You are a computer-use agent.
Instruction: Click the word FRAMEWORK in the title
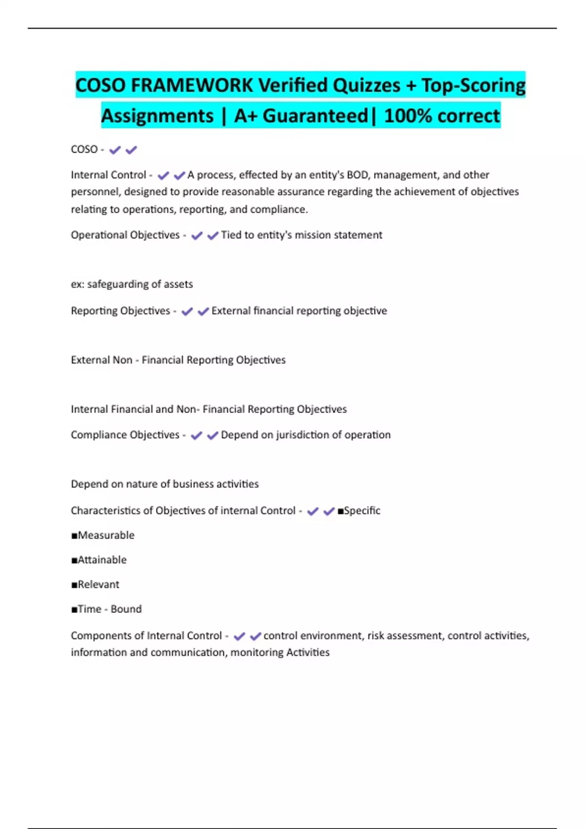[x=192, y=85]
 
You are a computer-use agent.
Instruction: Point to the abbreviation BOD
[x=357, y=175]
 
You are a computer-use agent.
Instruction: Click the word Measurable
[x=106, y=535]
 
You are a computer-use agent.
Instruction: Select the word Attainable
[x=102, y=560]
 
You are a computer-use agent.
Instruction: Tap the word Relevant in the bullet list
[x=98, y=584]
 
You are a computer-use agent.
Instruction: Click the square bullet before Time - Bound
[x=74, y=609]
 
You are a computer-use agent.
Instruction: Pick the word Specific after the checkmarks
[x=362, y=511]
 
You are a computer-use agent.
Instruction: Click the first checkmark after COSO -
[x=115, y=150]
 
